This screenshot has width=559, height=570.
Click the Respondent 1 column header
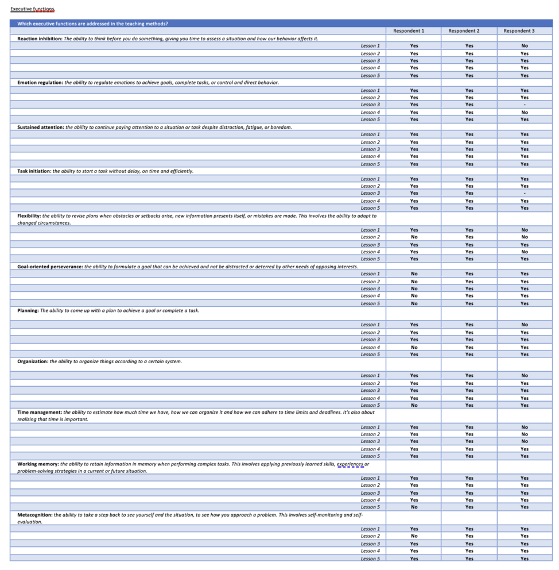409,31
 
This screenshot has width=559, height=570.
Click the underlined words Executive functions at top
32,9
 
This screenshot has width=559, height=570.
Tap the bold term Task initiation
34,171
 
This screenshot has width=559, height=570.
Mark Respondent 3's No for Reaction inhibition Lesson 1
525,46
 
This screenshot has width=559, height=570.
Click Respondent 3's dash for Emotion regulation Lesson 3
525,105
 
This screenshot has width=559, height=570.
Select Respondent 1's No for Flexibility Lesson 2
414,237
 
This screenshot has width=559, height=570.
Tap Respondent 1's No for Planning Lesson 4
414,347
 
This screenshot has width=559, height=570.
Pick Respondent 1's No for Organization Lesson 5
414,405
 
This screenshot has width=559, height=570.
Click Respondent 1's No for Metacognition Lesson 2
414,536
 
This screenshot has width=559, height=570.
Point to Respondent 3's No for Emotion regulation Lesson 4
525,112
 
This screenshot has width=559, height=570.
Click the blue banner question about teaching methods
92,24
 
